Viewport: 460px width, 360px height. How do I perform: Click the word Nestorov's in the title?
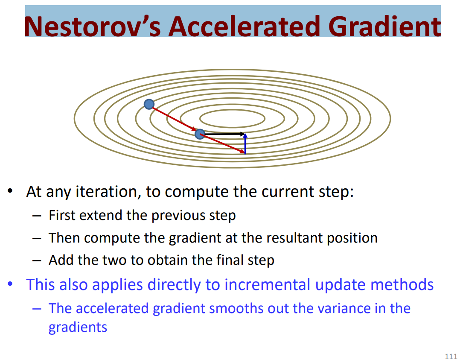coord(93,26)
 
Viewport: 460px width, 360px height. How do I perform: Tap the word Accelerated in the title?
coord(244,26)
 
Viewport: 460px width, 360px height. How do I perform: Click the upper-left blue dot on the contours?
coord(149,104)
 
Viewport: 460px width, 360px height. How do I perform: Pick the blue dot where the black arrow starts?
coord(200,134)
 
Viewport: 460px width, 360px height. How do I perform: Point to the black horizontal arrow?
coord(225,134)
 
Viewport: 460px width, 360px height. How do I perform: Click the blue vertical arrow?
coord(245,144)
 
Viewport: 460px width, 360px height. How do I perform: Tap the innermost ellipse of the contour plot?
coord(232,111)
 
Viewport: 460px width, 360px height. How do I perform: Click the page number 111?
coord(451,356)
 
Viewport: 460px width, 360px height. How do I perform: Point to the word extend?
coord(101,215)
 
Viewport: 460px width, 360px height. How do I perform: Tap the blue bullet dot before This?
coord(10,284)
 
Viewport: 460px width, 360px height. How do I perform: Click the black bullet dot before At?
coord(10,191)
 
